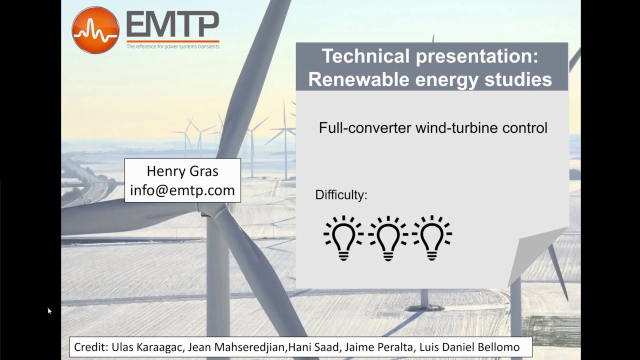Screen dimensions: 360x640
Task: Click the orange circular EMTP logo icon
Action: (x=95, y=29)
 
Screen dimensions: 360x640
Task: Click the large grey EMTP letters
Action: (x=172, y=24)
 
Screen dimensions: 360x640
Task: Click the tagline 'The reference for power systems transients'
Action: (x=172, y=46)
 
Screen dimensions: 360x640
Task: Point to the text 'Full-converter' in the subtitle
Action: (x=365, y=128)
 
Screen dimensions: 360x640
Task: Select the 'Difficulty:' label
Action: (x=341, y=195)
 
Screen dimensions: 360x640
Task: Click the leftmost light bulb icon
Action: (x=343, y=237)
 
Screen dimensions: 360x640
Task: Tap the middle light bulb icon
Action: (x=388, y=237)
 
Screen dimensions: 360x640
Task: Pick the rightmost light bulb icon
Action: (x=432, y=237)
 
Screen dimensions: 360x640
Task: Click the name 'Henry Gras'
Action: (x=182, y=171)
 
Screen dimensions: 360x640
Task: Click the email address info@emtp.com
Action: (x=182, y=190)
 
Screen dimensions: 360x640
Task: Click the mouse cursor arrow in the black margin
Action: (x=49, y=310)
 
